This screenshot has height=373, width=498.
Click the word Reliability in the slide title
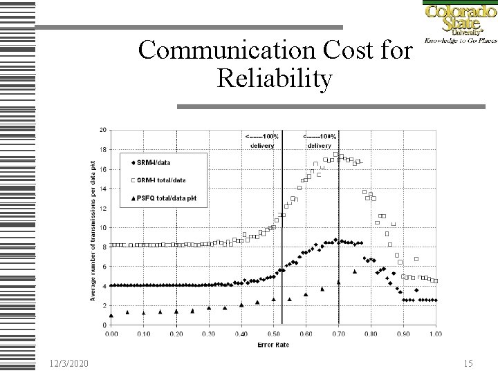pyautogui.click(x=275, y=79)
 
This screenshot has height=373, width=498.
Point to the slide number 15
pyautogui.click(x=468, y=363)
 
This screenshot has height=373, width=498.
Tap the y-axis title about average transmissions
pyautogui.click(x=93, y=228)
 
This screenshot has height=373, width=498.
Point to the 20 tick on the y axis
pyautogui.click(x=103, y=130)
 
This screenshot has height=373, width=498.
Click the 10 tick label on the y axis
pyautogui.click(x=103, y=227)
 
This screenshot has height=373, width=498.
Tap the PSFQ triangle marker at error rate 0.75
pyautogui.click(x=355, y=271)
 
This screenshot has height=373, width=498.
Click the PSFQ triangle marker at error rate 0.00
pyautogui.click(x=111, y=315)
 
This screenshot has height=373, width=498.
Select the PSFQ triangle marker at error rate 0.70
pyautogui.click(x=338, y=282)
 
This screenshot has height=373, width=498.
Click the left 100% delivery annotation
pyautogui.click(x=261, y=141)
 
